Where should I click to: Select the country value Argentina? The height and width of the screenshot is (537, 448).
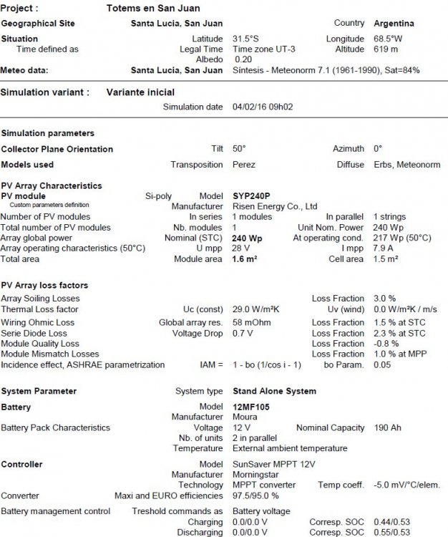point(394,24)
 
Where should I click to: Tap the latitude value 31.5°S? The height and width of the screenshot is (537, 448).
point(247,39)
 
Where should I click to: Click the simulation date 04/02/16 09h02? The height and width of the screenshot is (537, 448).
point(263,107)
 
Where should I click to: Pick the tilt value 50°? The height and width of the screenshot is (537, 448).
point(239,149)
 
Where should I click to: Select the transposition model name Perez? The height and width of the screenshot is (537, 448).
point(244,165)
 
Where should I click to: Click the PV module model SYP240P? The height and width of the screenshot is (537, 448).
point(253,195)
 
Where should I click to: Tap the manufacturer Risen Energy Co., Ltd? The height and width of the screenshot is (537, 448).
point(275,206)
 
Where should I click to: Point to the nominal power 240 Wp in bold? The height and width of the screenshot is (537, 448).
point(247,238)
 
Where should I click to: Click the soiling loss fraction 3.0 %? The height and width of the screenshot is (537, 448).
point(384,299)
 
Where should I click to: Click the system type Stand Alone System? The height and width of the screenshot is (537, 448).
point(274,392)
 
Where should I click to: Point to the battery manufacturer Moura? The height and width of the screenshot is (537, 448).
point(245,417)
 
